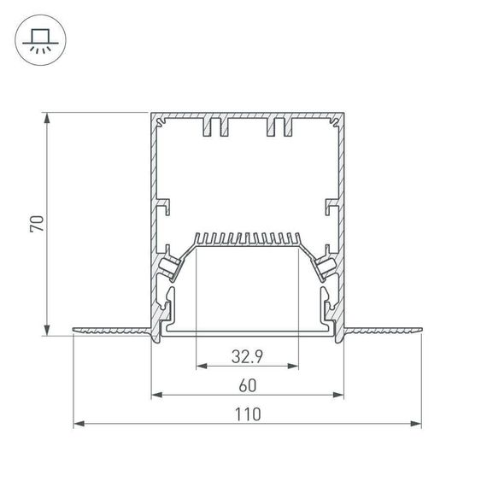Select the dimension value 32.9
click(247, 355)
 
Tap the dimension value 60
click(247, 384)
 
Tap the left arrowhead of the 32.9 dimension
click(201, 367)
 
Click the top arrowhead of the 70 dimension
click(47, 116)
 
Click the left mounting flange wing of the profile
click(111, 329)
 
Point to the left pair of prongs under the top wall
click(216, 127)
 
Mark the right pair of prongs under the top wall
click(279, 127)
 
